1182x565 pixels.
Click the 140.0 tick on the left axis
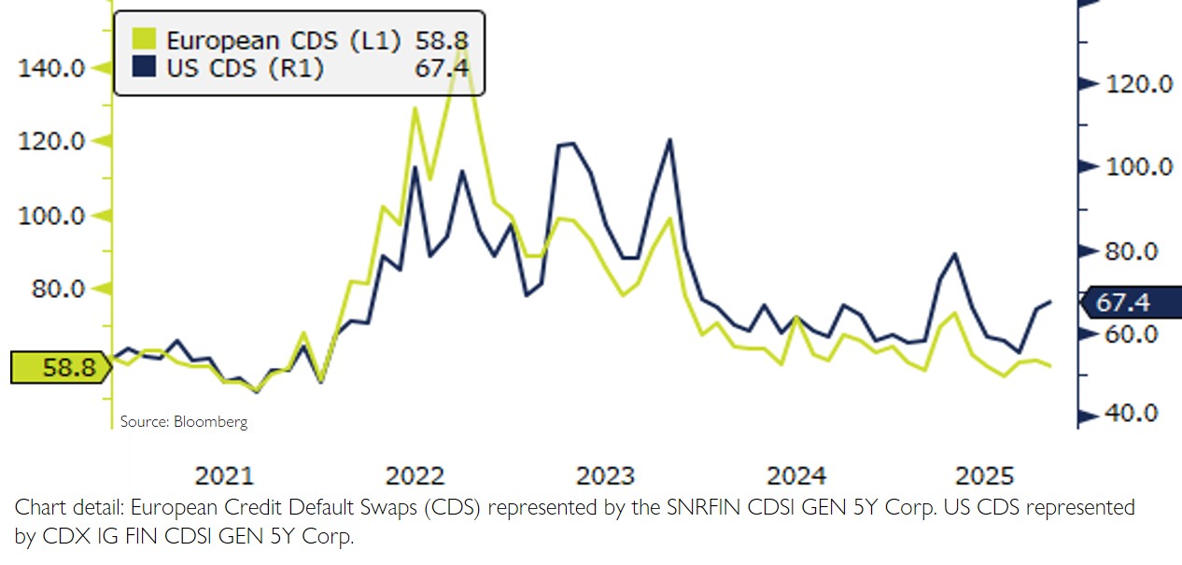point(54,68)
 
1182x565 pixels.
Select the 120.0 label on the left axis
point(54,142)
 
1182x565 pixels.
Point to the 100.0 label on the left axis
point(54,216)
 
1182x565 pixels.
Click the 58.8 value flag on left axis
point(56,368)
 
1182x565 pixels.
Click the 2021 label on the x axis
point(225,476)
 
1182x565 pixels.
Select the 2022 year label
point(415,476)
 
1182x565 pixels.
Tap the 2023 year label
point(605,476)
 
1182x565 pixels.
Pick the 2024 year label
point(795,476)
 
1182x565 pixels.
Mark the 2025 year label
point(985,476)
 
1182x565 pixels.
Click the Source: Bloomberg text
point(184,422)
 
